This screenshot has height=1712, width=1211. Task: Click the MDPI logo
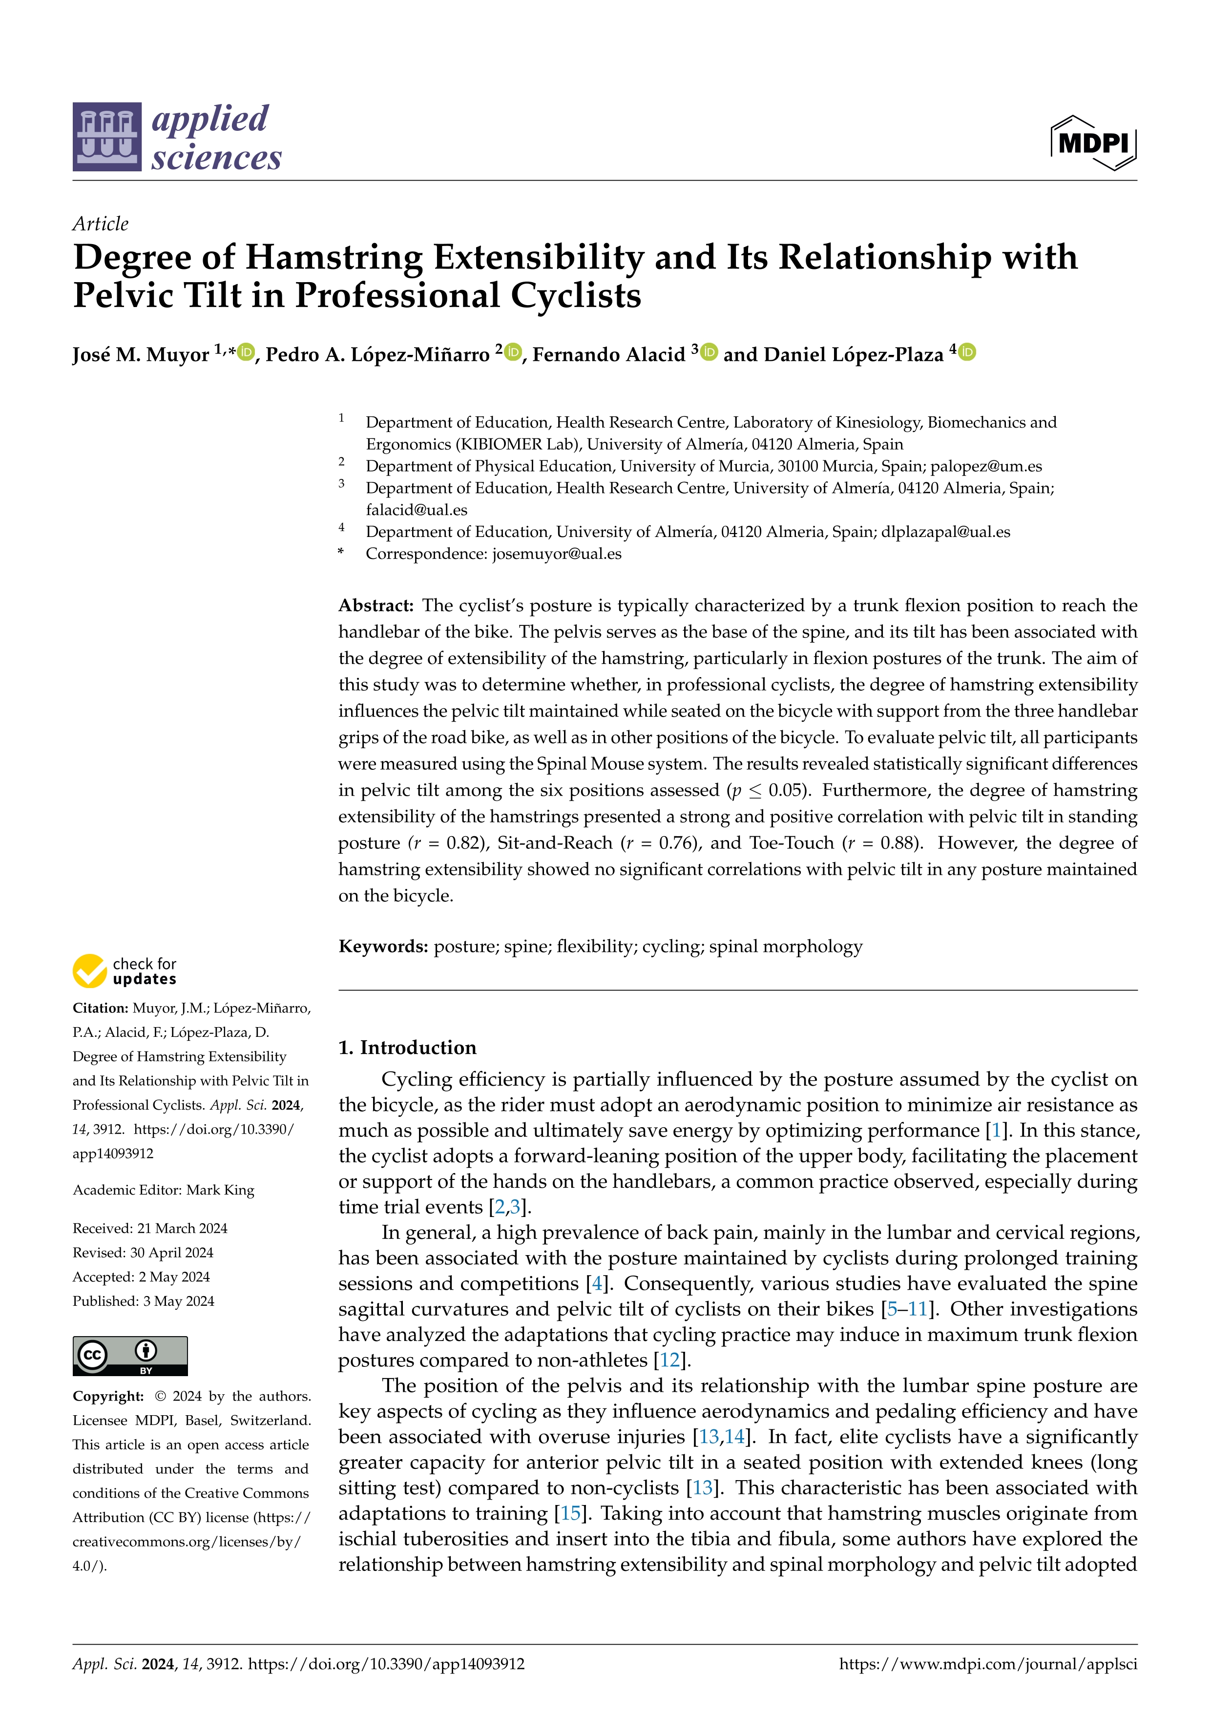point(1093,143)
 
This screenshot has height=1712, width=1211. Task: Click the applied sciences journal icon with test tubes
point(106,137)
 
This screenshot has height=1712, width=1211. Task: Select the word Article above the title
point(101,224)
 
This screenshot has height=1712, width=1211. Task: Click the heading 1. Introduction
point(407,1048)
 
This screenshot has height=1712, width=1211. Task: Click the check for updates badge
point(125,971)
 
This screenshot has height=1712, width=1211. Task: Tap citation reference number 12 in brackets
point(669,1360)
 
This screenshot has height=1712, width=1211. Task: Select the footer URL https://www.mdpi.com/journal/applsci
point(988,1664)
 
